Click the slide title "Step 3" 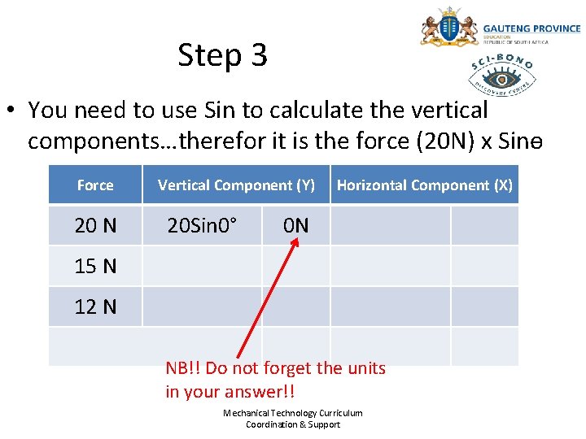222,55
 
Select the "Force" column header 95,185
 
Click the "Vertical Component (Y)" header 236,185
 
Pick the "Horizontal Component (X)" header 424,185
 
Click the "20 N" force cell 95,225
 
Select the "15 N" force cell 95,266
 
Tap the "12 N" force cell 95,306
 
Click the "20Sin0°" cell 202,225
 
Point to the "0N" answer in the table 295,225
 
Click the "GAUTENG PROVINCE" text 531,28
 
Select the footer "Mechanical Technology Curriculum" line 293,413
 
